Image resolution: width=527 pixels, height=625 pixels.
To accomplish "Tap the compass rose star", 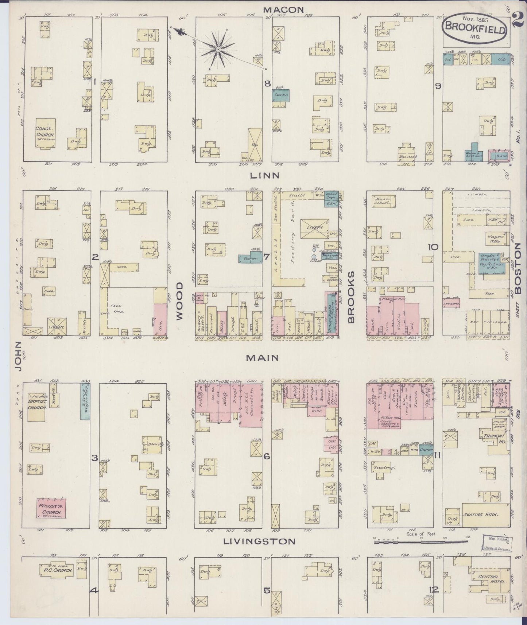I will pos(218,49).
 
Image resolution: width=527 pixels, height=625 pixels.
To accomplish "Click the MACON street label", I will pos(284,10).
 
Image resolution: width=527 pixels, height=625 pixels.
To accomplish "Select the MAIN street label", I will pos(262,358).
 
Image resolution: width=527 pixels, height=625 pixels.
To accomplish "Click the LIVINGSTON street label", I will pos(259,541).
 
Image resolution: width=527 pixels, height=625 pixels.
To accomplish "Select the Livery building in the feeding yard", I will pos(315,228).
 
